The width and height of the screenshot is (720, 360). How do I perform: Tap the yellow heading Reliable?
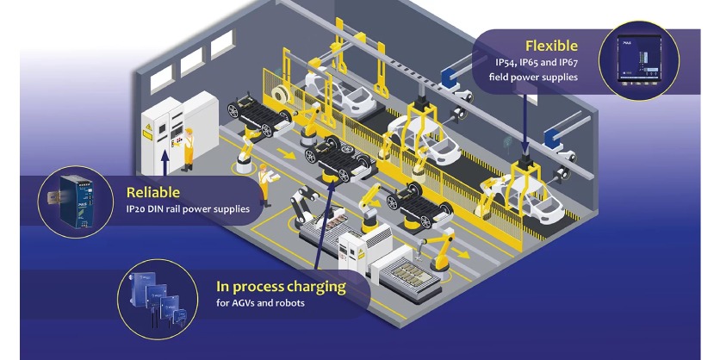(x=153, y=192)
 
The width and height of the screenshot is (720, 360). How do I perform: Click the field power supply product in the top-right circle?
(x=642, y=61)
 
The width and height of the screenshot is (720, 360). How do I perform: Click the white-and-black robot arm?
(x=301, y=203)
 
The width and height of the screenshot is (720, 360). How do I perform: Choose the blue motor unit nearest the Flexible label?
(x=448, y=78)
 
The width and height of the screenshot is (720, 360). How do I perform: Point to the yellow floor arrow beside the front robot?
(x=463, y=255)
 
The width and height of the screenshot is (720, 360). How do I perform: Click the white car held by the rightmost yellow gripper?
(x=526, y=197)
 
